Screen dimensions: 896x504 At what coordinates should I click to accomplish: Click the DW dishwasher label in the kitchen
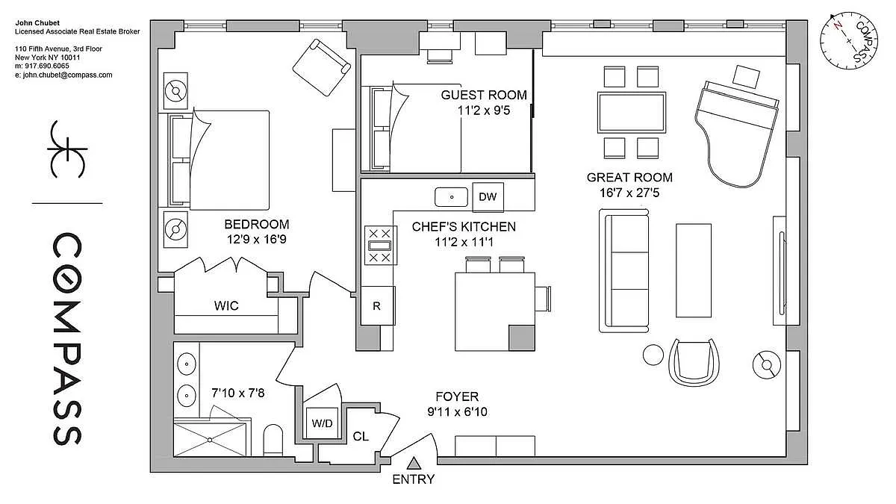pyautogui.click(x=488, y=196)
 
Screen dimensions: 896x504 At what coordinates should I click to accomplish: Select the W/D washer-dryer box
pyautogui.click(x=322, y=423)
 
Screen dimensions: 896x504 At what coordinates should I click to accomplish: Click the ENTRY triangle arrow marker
pyautogui.click(x=414, y=463)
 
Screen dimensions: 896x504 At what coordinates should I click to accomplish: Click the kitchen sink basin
pyautogui.click(x=451, y=197)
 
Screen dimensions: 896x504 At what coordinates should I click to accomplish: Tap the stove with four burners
pyautogui.click(x=380, y=245)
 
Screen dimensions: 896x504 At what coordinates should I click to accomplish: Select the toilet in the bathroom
pyautogui.click(x=273, y=440)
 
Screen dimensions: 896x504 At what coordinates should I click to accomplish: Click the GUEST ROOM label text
pyautogui.click(x=484, y=95)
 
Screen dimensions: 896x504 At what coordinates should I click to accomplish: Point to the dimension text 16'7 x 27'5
pyautogui.click(x=629, y=193)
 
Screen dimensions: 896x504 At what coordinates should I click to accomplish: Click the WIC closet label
pyautogui.click(x=226, y=305)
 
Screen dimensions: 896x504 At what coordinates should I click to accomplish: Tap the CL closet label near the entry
pyautogui.click(x=361, y=436)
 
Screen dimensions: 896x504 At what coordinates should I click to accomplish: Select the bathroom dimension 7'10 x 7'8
pyautogui.click(x=238, y=393)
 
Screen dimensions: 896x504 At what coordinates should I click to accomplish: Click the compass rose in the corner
pyautogui.click(x=849, y=40)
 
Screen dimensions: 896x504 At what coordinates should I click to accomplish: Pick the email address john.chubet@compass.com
pyautogui.click(x=63, y=75)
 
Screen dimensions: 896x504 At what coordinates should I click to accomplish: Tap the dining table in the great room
pyautogui.click(x=632, y=113)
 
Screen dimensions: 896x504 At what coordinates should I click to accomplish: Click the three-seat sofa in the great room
pyautogui.click(x=623, y=270)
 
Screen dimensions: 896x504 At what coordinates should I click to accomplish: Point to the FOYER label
pyautogui.click(x=457, y=396)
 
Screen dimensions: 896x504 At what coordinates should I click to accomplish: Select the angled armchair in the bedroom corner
pyautogui.click(x=322, y=67)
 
